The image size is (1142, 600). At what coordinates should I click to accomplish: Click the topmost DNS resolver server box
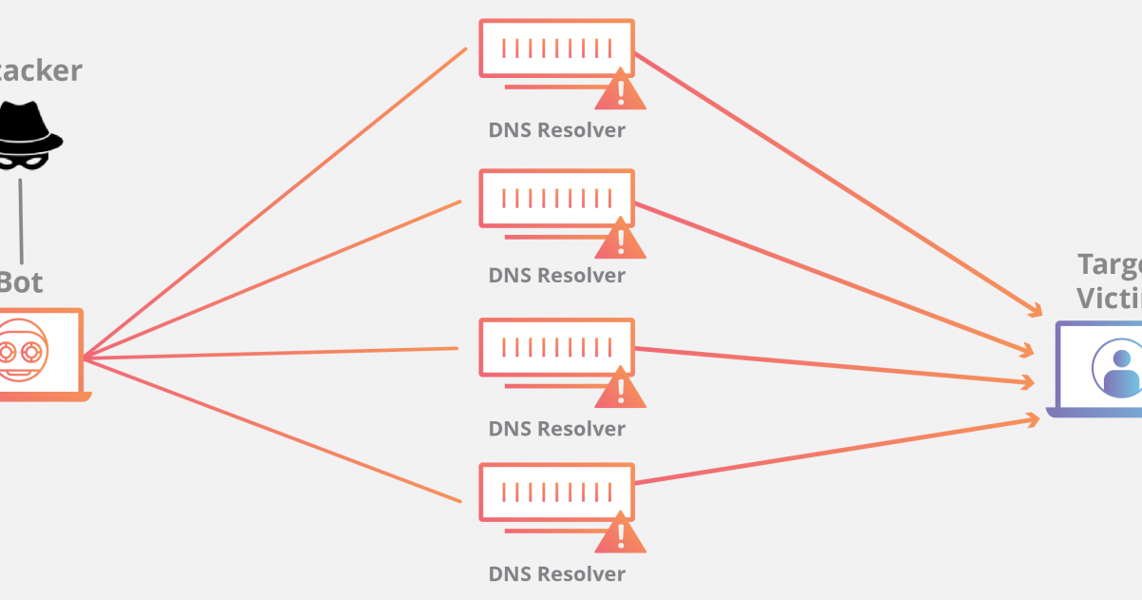(x=556, y=48)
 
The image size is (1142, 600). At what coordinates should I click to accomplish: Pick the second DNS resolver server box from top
(x=556, y=198)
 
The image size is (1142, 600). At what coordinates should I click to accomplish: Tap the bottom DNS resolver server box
(x=556, y=493)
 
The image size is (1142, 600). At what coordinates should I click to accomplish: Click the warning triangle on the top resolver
(x=621, y=91)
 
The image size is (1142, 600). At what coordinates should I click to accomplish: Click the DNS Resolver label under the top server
(x=556, y=130)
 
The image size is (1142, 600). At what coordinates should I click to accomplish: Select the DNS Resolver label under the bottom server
(x=556, y=574)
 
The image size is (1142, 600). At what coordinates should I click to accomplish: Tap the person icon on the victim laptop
(x=1120, y=367)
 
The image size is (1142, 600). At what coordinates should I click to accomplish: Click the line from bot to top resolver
(x=276, y=202)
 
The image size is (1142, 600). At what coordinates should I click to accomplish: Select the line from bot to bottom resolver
(x=276, y=431)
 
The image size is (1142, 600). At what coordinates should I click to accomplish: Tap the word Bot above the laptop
(x=21, y=282)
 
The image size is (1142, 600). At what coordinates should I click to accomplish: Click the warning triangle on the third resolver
(x=621, y=389)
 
